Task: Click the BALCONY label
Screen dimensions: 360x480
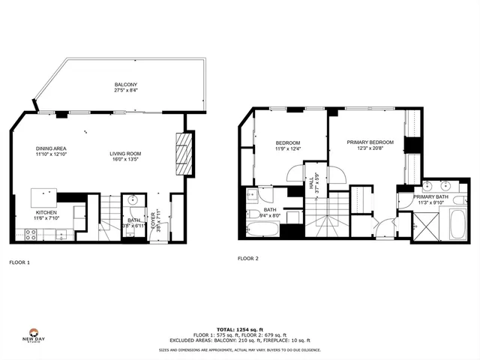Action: (x=125, y=85)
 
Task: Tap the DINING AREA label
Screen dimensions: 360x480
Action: (x=51, y=148)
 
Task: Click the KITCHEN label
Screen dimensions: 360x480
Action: (x=46, y=212)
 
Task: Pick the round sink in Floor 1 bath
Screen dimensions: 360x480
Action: (x=133, y=200)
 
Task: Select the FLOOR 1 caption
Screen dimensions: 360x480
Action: (x=19, y=263)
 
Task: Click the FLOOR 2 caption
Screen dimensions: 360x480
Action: (x=247, y=258)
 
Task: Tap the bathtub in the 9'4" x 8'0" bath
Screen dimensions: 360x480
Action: (x=262, y=226)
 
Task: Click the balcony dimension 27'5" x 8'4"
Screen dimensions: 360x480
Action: (x=125, y=91)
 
